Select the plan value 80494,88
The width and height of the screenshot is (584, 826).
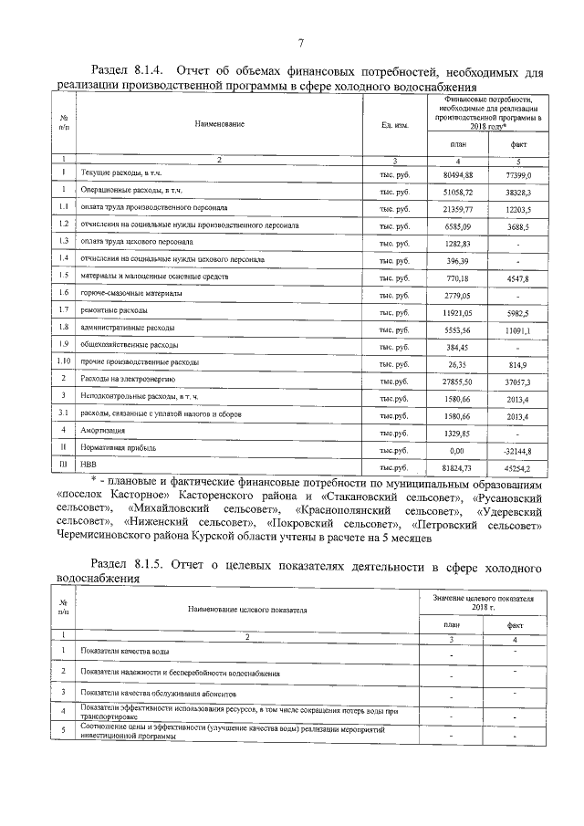(x=457, y=173)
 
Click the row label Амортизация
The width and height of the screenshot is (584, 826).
(x=102, y=429)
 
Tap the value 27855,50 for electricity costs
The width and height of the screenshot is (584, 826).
(x=457, y=378)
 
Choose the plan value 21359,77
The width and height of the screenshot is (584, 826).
(x=457, y=208)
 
